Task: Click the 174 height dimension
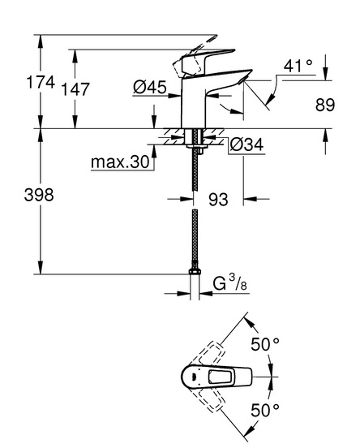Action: [x=41, y=83]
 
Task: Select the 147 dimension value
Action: [x=75, y=89]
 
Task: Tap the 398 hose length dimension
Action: [x=39, y=195]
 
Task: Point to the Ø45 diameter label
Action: [x=150, y=87]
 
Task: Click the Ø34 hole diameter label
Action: [x=246, y=144]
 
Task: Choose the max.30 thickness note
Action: [x=120, y=162]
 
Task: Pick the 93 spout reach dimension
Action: [x=218, y=200]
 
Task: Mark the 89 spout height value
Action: [x=325, y=105]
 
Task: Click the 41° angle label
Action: [x=298, y=67]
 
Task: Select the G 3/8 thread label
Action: [x=229, y=283]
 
